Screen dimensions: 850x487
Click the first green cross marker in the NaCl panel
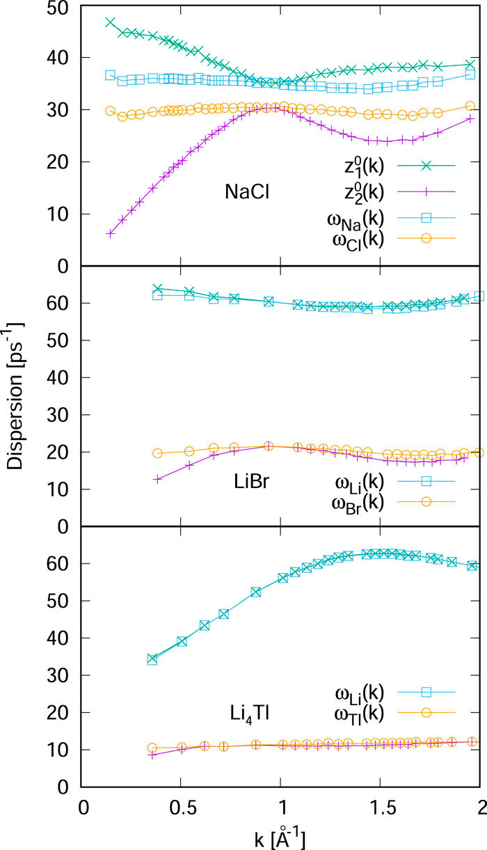tap(110, 22)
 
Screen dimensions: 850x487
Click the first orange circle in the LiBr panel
tap(157, 453)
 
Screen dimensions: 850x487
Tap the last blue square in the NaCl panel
tap(470, 74)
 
